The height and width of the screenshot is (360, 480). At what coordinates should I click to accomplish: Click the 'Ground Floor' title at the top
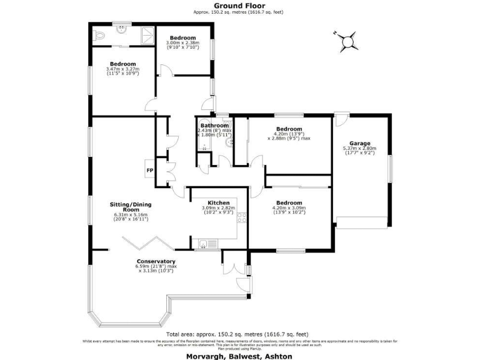(x=240, y=6)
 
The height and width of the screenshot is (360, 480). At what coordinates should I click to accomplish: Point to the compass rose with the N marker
(x=347, y=41)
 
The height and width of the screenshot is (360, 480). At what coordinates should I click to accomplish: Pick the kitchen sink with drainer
(x=207, y=244)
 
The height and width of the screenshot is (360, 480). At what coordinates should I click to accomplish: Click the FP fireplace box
(x=150, y=170)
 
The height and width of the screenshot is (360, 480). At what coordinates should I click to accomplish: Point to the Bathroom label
(x=214, y=125)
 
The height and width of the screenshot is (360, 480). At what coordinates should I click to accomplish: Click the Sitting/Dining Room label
(x=131, y=207)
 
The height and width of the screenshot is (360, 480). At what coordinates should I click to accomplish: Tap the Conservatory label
(x=156, y=261)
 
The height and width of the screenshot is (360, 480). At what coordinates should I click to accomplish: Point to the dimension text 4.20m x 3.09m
(x=289, y=209)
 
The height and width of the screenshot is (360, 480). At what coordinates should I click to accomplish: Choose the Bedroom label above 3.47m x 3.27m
(x=123, y=64)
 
